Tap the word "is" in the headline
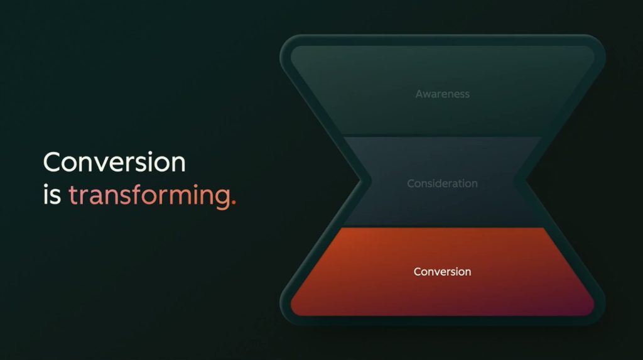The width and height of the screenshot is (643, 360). [52, 195]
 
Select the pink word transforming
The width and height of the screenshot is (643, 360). [149, 196]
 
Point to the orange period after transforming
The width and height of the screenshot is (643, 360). [234, 202]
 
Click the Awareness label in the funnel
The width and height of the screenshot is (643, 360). [443, 94]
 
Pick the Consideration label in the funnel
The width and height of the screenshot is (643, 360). [443, 183]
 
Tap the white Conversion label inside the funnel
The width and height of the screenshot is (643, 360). [443, 272]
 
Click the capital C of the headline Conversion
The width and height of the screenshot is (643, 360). [53, 161]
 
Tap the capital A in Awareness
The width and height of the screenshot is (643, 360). [420, 94]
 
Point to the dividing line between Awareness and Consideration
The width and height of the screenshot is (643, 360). [443, 136]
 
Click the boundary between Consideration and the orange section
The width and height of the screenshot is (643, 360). [443, 227]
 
